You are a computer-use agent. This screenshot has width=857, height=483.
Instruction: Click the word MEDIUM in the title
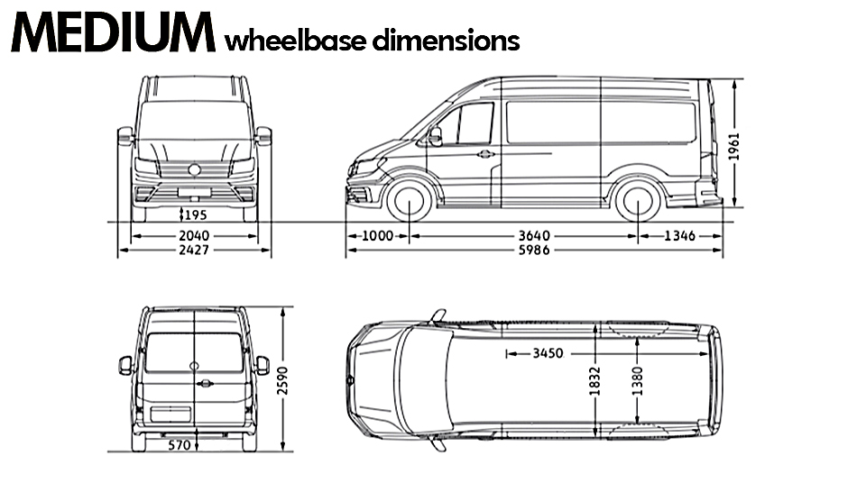(113, 35)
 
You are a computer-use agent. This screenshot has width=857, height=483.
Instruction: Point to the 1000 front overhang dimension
(377, 236)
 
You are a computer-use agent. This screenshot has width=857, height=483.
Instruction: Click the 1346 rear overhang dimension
(679, 236)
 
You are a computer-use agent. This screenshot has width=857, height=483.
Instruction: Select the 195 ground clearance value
(196, 214)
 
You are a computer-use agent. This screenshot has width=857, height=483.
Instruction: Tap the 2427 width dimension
(194, 250)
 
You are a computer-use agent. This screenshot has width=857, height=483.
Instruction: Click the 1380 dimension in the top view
(637, 381)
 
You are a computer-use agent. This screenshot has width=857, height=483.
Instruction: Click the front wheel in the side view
(409, 202)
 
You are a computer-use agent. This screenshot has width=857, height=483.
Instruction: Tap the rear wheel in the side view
(638, 202)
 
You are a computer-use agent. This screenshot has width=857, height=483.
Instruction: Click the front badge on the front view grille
(194, 169)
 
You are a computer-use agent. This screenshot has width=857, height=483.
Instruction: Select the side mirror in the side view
(436, 136)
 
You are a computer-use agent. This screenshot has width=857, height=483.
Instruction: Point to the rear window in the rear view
(194, 352)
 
